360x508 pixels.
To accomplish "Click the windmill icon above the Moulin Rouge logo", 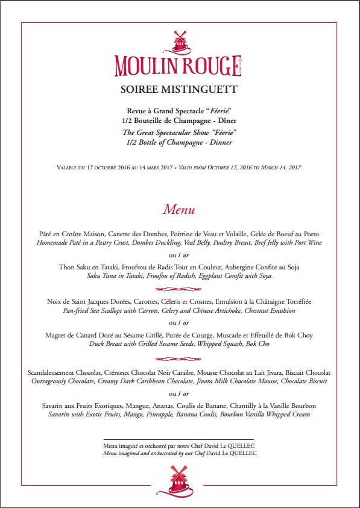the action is point(178,41).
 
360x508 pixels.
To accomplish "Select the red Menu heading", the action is point(179,210).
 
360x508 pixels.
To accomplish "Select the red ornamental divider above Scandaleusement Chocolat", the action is point(179,357).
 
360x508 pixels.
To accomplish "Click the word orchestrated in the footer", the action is point(159,453).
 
